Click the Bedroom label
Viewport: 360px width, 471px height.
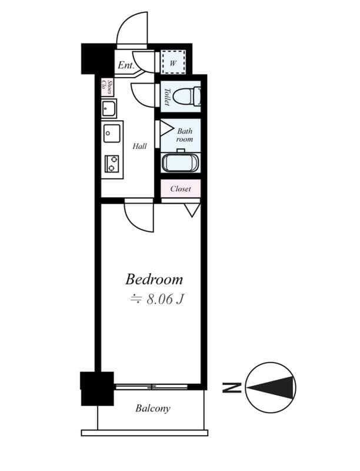(x=154, y=279)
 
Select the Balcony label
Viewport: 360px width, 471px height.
(x=153, y=409)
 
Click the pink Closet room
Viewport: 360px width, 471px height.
(x=181, y=188)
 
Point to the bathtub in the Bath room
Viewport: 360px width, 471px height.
(x=180, y=162)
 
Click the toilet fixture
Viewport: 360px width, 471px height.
(x=186, y=96)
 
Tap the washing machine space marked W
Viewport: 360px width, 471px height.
(x=173, y=62)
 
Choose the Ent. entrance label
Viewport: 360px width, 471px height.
(x=126, y=65)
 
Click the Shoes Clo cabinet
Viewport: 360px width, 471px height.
(x=107, y=88)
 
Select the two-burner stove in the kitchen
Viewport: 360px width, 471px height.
(x=112, y=164)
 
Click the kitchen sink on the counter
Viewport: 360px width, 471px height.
(x=112, y=134)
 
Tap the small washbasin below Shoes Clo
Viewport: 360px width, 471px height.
(x=109, y=108)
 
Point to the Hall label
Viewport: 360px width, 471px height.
(x=140, y=146)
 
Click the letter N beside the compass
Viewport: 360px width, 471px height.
(x=231, y=387)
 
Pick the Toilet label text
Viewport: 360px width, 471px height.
(x=167, y=97)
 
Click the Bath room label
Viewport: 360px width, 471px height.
(x=185, y=135)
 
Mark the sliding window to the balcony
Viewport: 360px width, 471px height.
(x=152, y=387)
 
